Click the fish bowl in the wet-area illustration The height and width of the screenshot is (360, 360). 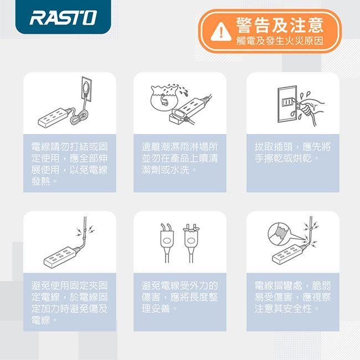click(164, 97)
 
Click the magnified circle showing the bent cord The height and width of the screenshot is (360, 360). click(281, 232)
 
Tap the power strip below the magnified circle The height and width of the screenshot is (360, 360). click(289, 254)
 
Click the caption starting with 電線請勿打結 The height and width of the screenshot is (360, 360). click(70, 164)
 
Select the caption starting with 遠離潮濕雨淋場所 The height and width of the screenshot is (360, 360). click(179, 158)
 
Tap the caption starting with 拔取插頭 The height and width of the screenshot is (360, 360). click(292, 152)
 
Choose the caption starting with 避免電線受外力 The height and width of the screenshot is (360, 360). click(179, 297)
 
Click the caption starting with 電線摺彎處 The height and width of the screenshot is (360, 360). click(292, 297)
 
